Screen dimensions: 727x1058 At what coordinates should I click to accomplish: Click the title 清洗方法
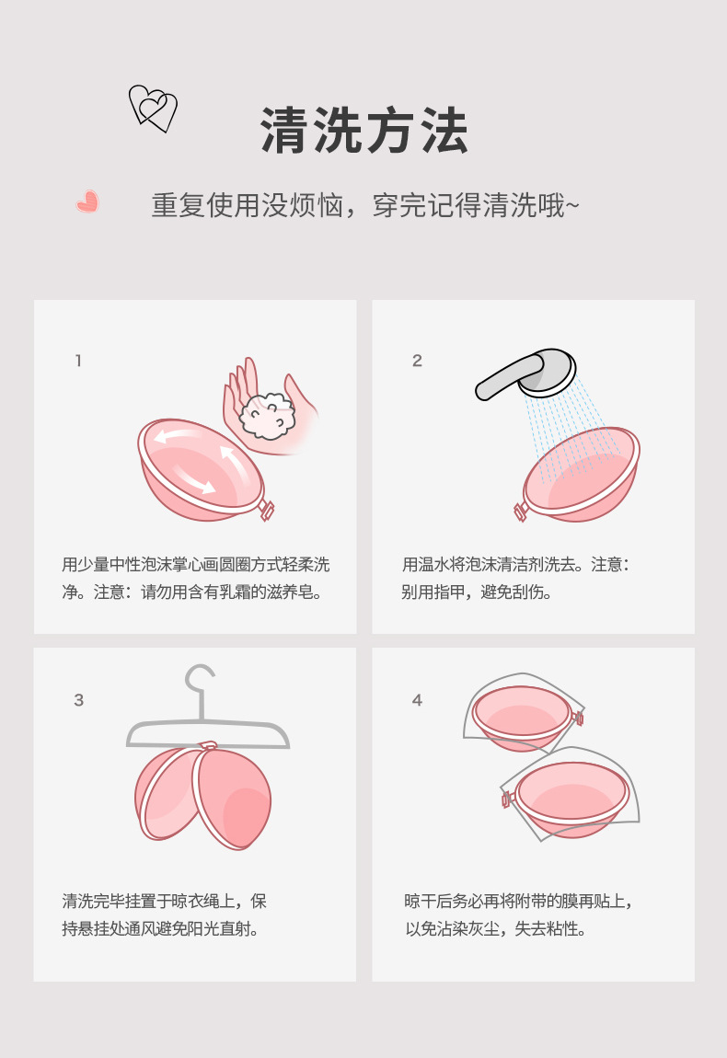click(x=363, y=131)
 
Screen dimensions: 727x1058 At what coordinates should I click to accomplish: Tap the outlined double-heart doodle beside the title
click(x=154, y=108)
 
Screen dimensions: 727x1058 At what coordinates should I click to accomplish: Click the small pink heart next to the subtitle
click(x=87, y=201)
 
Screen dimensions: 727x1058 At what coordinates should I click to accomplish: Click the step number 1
click(x=78, y=361)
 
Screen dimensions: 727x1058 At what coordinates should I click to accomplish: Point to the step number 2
click(x=417, y=361)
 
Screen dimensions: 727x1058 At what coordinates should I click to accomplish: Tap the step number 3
click(x=79, y=700)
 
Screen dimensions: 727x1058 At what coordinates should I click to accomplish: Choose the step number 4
click(x=417, y=700)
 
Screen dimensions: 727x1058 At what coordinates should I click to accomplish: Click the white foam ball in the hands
click(x=268, y=417)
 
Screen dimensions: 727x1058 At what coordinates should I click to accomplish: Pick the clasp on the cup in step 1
click(x=266, y=510)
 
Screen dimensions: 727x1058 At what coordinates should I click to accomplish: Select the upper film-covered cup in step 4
click(x=523, y=714)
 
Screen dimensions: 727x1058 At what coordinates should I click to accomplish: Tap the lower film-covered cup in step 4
click(x=571, y=794)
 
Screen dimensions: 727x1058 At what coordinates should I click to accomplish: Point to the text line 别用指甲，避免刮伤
click(x=477, y=592)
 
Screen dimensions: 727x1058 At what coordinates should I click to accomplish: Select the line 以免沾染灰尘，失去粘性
click(x=495, y=929)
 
